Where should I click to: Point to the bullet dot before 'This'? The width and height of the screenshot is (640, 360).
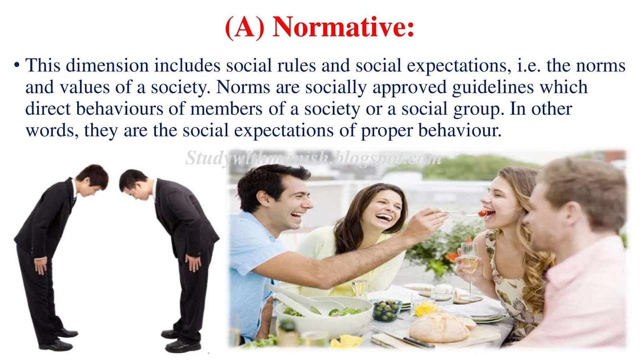[x=17, y=64]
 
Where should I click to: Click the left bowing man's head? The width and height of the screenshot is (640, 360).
[x=94, y=178]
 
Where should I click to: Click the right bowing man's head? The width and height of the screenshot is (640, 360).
[x=134, y=184]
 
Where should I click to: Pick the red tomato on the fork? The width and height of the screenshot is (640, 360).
[x=483, y=213]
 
